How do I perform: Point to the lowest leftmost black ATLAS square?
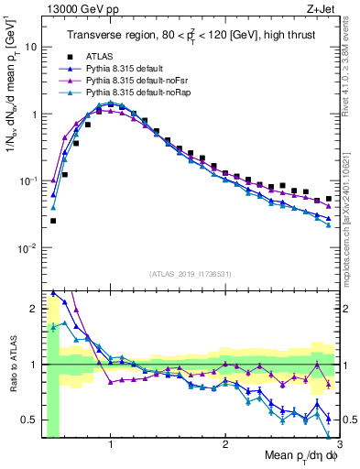click(x=53, y=221)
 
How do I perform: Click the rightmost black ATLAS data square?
click(x=329, y=198)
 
